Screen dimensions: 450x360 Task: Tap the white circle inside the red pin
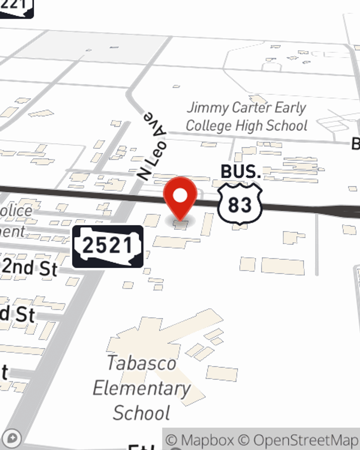tap(180, 196)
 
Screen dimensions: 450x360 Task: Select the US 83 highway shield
tap(240, 204)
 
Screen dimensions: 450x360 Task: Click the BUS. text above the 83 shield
tap(240, 172)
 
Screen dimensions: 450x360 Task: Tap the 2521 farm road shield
tap(108, 247)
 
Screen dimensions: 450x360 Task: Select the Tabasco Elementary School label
tap(142, 388)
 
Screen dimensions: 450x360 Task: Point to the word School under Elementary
tap(141, 413)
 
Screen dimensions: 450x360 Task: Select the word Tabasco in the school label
tap(141, 363)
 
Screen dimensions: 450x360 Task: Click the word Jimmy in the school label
tap(208, 108)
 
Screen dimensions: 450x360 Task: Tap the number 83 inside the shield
tap(240, 205)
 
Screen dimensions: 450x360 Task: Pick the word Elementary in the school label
tap(142, 388)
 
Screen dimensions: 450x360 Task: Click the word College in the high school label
tap(208, 126)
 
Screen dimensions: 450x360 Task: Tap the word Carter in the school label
tap(252, 107)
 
